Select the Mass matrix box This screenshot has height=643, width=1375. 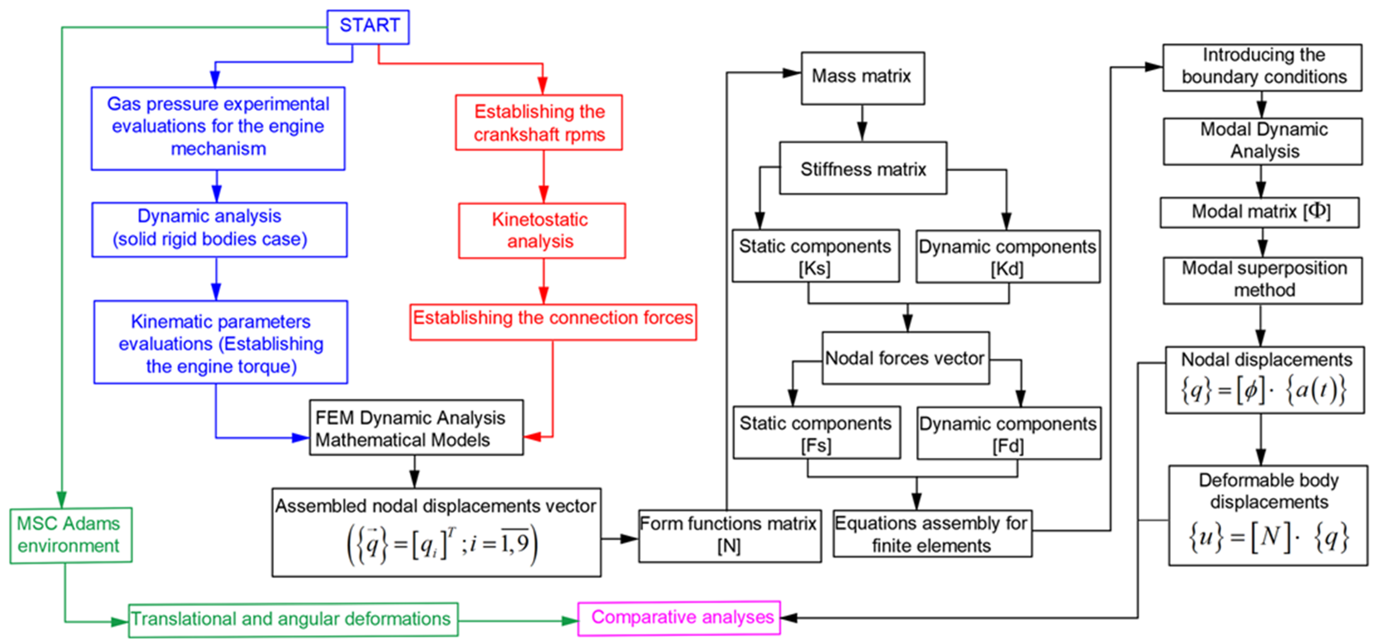point(862,77)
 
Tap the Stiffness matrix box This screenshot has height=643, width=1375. point(862,168)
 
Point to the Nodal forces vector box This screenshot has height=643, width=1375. point(905,358)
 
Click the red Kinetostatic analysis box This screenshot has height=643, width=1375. point(541,230)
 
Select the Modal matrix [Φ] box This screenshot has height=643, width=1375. point(1260,212)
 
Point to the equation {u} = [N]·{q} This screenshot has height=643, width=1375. point(1268,537)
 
